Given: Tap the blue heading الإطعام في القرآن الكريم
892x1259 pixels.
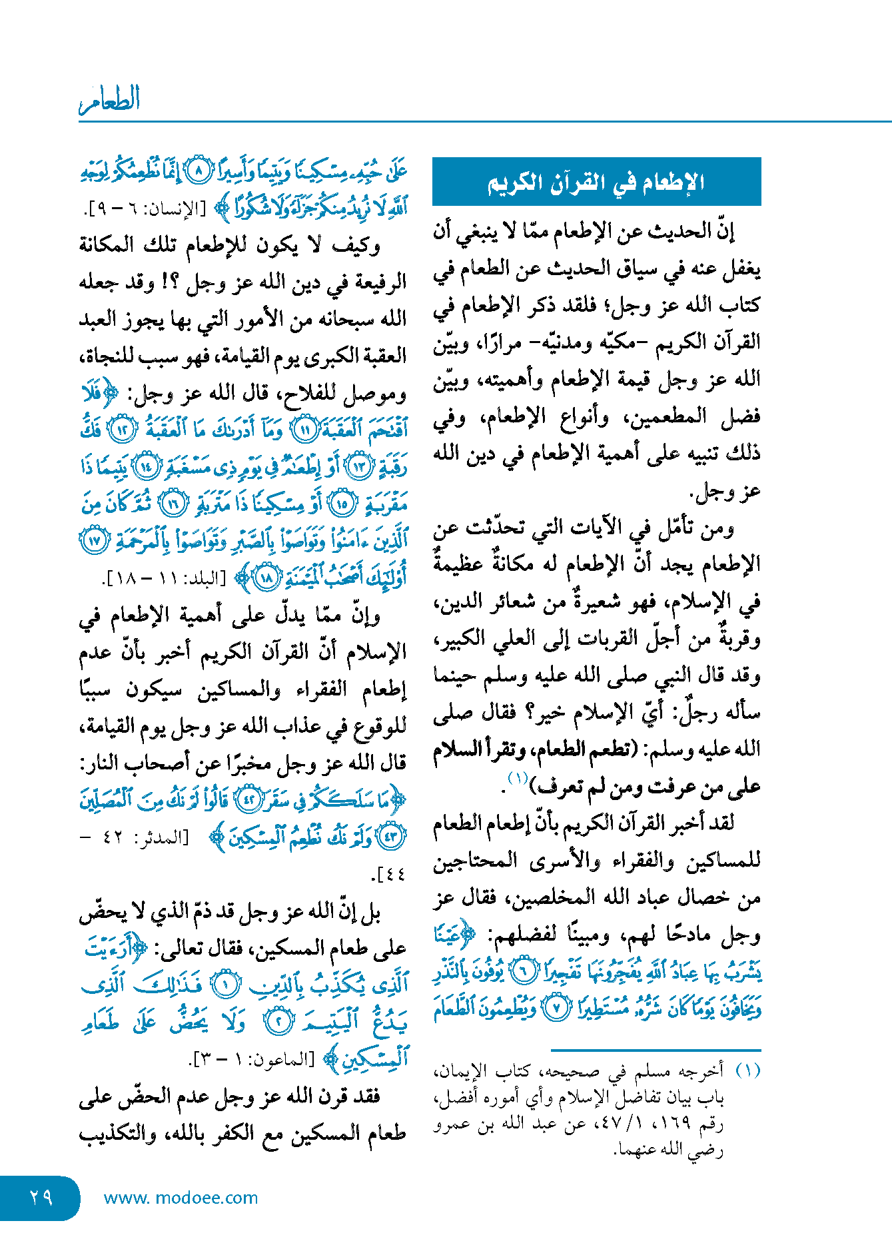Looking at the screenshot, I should click(596, 182).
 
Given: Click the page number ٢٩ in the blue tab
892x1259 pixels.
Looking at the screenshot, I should click(41, 1197).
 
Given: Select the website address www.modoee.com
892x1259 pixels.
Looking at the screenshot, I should click(181, 1198).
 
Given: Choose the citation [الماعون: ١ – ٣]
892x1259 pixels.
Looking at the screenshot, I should click(251, 1058).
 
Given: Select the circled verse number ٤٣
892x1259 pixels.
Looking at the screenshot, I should click(390, 836).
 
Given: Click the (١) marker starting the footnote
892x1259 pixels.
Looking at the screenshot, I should click(748, 1072).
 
